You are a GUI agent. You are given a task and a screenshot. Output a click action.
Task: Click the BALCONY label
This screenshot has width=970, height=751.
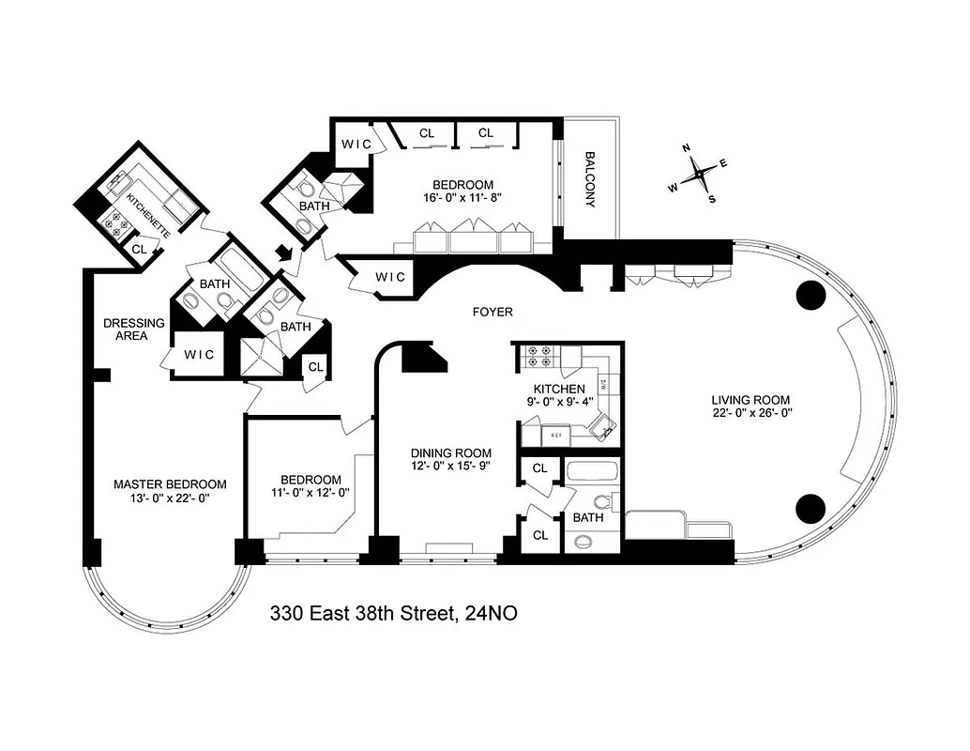coord(591,180)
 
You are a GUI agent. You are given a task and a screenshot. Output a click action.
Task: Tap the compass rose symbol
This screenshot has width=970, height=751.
coord(698,175)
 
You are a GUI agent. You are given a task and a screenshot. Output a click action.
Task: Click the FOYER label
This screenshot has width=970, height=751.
coord(493,313)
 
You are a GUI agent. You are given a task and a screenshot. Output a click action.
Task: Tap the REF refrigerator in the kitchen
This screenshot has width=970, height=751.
coord(555,435)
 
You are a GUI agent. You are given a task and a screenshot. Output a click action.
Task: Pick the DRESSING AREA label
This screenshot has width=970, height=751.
coord(134,329)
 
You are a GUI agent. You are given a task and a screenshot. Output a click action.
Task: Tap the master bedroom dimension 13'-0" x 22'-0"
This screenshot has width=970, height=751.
coord(169,498)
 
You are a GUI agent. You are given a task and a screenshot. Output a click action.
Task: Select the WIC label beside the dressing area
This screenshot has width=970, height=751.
coord(200,354)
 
